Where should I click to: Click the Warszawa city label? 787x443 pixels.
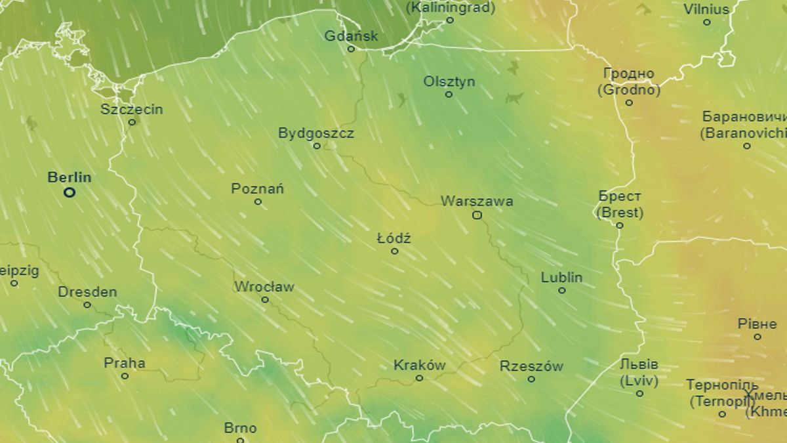tap(477, 201)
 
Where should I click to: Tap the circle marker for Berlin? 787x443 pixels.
tap(70, 192)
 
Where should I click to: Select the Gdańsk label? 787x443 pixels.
tap(352, 36)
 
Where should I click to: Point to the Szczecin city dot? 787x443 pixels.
tap(132, 122)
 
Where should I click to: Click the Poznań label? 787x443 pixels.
tap(257, 189)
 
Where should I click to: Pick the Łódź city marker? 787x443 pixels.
tap(394, 251)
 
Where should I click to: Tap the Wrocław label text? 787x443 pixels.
tap(264, 287)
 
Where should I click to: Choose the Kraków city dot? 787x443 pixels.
tap(419, 378)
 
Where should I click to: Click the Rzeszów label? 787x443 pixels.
tap(531, 366)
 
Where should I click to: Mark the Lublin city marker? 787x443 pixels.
tap(561, 290)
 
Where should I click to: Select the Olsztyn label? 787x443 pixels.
tap(449, 82)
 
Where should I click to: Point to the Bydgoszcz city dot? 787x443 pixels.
tap(317, 146)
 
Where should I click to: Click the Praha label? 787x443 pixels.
tap(125, 363)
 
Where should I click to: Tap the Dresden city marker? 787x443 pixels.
tap(87, 305)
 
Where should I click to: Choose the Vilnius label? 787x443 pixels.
tap(706, 10)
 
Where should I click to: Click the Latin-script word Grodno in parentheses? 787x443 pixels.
tap(629, 90)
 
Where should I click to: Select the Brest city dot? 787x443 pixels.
tap(620, 225)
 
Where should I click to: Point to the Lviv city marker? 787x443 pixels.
tap(639, 393)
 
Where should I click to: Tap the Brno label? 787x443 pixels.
tap(240, 429)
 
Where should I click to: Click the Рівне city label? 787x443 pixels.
tap(757, 324)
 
